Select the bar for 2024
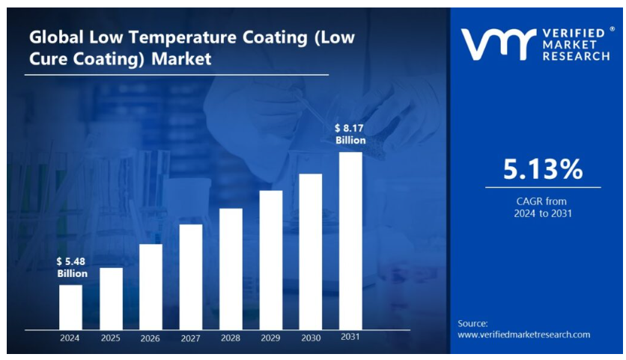70,307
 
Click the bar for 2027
191,277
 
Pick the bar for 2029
271,260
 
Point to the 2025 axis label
110,338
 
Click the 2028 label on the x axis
231,338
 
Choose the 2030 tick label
311,338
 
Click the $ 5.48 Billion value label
72,267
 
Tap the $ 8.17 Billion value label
350,135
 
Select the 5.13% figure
542,170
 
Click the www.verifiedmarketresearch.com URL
523,335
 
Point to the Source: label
472,323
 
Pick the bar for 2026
151,287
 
